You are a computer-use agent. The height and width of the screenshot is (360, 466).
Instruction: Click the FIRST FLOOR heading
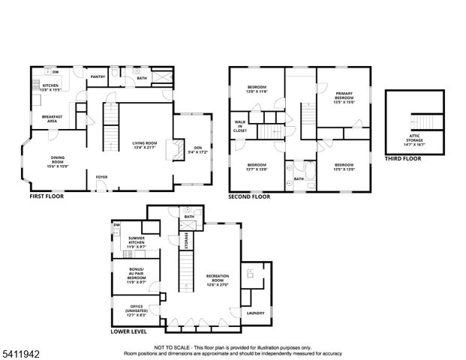[x=47, y=196]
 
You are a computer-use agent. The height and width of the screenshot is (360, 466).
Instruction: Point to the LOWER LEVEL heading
[x=128, y=331]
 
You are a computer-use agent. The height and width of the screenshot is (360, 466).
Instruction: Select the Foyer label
[x=101, y=177]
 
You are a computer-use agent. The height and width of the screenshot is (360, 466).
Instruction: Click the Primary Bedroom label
[x=344, y=97]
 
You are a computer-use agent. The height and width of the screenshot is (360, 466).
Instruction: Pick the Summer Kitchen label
[x=137, y=241]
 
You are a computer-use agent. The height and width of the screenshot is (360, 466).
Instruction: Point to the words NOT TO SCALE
[x=172, y=348]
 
